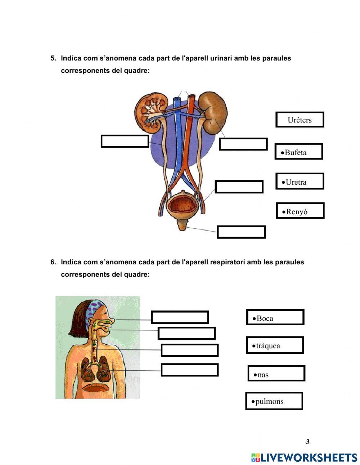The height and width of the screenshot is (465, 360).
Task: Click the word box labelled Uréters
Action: click(x=300, y=120)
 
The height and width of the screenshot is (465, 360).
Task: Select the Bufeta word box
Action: click(x=298, y=152)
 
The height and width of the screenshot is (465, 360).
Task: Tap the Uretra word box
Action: click(x=300, y=181)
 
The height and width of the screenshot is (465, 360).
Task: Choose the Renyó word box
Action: click(x=300, y=211)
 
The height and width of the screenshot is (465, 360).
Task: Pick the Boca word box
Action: click(x=275, y=317)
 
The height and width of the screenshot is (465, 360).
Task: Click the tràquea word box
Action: click(x=274, y=345)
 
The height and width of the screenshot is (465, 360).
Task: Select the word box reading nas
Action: click(x=276, y=374)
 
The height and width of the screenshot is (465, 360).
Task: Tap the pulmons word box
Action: click(x=274, y=401)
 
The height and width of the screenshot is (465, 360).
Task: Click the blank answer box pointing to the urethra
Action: click(x=241, y=232)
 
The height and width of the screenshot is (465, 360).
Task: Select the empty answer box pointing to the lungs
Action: click(x=189, y=370)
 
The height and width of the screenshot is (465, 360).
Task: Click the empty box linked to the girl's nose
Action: click(x=180, y=317)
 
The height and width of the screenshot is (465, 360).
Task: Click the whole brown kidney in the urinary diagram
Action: click(x=214, y=112)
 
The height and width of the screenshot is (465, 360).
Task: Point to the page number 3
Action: click(x=307, y=442)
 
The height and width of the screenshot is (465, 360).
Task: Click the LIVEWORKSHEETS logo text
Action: click(x=308, y=458)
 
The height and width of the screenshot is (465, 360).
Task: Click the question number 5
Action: click(x=53, y=58)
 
